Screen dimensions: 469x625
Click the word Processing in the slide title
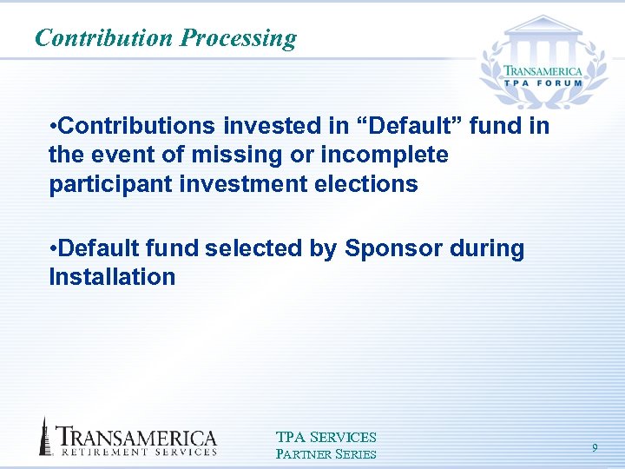pyautogui.click(x=238, y=39)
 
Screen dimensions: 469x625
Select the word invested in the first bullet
pyautogui.click(x=272, y=127)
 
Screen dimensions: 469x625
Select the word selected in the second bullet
pyautogui.click(x=253, y=249)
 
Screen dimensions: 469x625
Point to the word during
pyautogui.click(x=487, y=249)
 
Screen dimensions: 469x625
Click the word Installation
pyautogui.click(x=112, y=278)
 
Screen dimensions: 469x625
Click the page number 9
pyautogui.click(x=595, y=447)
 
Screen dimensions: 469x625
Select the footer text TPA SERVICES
pyautogui.click(x=326, y=438)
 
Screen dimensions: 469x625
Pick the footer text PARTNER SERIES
pyautogui.click(x=326, y=454)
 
